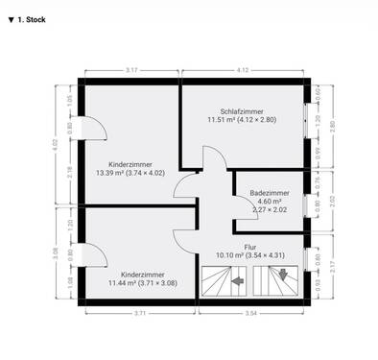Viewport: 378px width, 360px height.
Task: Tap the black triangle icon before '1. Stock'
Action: click(x=10, y=18)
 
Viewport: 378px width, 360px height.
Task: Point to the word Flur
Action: click(x=249, y=247)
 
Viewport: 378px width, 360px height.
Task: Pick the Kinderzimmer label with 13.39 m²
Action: click(x=130, y=164)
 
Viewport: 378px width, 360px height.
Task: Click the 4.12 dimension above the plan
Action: click(x=244, y=70)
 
